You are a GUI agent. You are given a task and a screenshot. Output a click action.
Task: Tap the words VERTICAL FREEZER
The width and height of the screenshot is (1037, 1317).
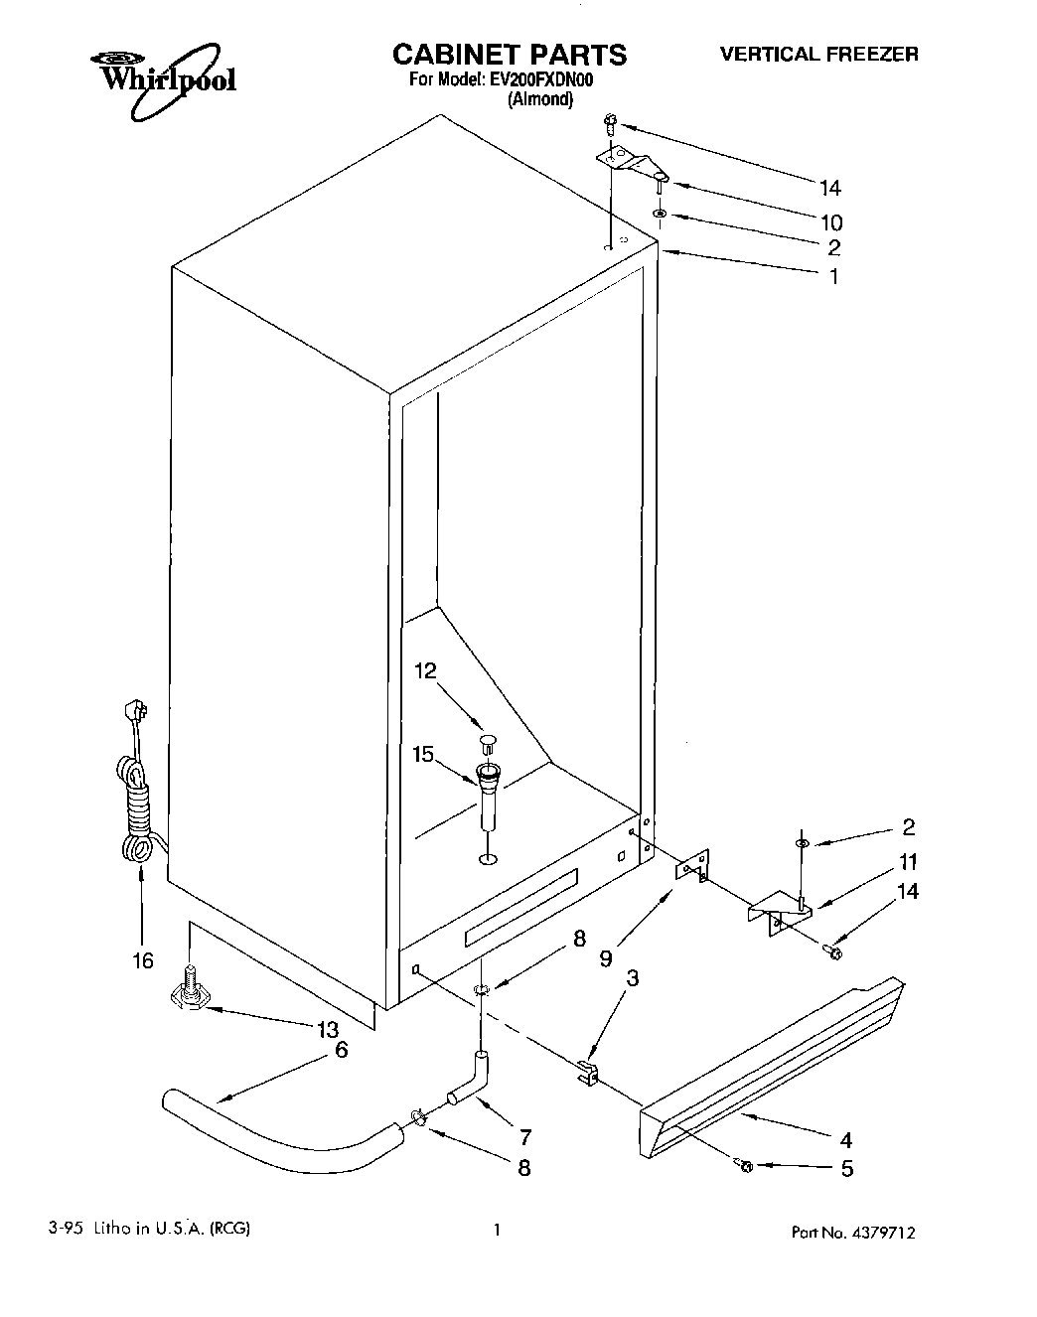click(x=818, y=55)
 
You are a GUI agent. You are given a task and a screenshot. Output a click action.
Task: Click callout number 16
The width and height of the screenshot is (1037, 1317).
click(x=143, y=960)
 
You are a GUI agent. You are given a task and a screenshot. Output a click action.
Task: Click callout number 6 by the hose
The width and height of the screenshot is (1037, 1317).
click(x=341, y=1049)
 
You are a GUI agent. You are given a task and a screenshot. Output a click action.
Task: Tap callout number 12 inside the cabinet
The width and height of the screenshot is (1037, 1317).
click(x=425, y=671)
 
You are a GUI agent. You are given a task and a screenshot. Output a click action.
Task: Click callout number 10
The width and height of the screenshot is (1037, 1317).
click(x=830, y=221)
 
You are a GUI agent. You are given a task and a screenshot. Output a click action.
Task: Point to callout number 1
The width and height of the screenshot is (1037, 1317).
click(x=834, y=277)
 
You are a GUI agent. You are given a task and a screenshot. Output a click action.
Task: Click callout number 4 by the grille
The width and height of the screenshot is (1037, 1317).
click(x=845, y=1140)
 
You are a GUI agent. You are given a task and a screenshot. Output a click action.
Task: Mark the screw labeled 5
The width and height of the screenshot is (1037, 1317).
click(x=745, y=1165)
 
